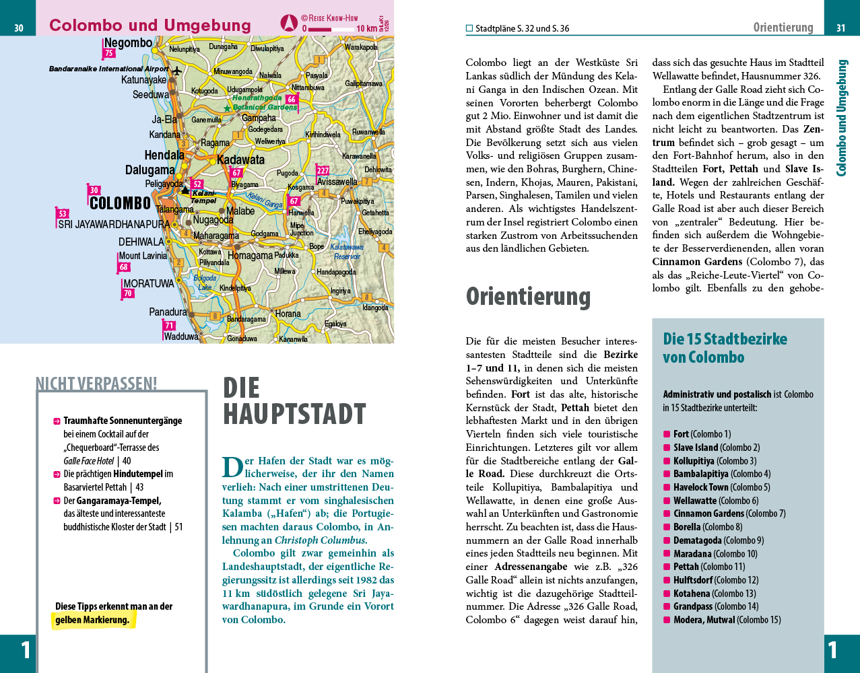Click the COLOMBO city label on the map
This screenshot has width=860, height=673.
(120, 203)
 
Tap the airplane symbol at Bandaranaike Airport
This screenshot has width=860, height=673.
(177, 70)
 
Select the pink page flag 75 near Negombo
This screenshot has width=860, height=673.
(109, 53)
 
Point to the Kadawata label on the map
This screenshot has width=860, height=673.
(240, 160)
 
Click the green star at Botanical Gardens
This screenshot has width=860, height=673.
(227, 108)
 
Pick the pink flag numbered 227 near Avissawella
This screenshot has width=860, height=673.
(323, 171)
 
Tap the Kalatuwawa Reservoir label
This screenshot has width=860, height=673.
(347, 252)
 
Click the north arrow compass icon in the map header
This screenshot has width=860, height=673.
(288, 23)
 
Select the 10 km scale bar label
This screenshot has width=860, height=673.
(366, 29)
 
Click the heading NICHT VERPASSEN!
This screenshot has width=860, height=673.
(96, 384)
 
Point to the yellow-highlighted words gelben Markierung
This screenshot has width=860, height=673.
(92, 620)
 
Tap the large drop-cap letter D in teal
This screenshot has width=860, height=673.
(232, 468)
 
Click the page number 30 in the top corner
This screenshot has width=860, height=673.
(18, 28)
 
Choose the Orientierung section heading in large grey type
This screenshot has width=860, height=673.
(528, 296)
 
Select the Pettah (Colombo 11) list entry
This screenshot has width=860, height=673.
(708, 567)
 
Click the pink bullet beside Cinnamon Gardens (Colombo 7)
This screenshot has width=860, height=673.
(667, 513)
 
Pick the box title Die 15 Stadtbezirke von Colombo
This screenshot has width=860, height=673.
(725, 348)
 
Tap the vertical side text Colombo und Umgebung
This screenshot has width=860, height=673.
(841, 118)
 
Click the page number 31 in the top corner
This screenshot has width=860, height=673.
(841, 28)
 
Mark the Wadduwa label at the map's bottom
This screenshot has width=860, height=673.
(181, 336)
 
